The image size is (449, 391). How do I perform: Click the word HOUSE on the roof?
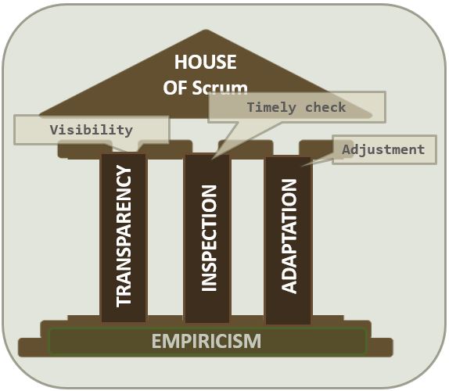point(206,62)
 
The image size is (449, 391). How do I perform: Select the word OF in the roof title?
point(175,88)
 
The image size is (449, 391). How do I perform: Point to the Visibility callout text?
point(92,130)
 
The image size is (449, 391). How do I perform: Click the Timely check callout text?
point(296,107)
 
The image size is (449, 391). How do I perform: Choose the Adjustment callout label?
point(383,149)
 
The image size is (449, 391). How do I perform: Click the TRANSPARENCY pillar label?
point(124,237)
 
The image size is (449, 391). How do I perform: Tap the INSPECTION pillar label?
point(209,239)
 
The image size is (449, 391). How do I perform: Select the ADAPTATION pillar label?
point(289,236)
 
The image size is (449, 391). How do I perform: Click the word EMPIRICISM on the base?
point(207,341)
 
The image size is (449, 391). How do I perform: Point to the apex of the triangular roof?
point(207,30)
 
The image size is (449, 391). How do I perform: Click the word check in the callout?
point(326,107)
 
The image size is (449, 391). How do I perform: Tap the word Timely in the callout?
point(271,108)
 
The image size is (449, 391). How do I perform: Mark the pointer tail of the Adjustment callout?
point(303,166)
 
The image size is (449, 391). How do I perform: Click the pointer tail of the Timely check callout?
point(213,157)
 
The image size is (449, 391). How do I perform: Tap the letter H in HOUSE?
point(181,62)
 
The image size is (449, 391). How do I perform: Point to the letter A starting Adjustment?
point(347,149)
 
